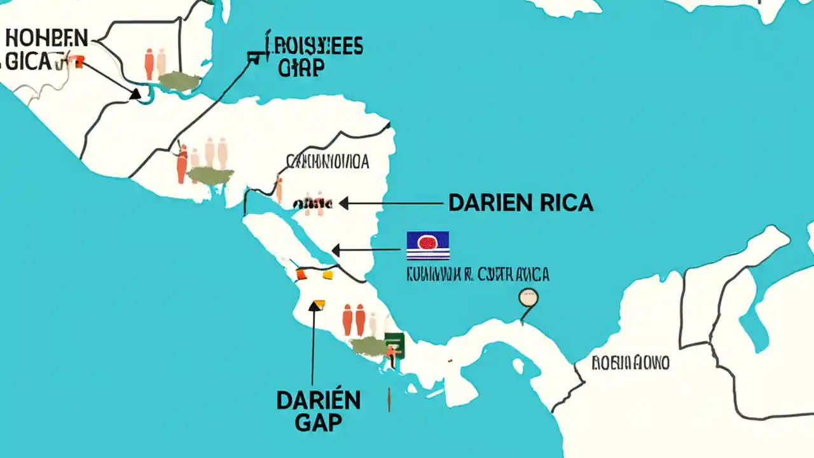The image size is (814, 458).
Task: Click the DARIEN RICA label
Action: (520, 203)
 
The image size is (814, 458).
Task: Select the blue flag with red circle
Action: (427, 246)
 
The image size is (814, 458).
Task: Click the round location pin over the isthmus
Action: (528, 298)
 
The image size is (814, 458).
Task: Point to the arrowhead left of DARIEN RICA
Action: (344, 204)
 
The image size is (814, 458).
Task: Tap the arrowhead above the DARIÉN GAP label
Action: (314, 306)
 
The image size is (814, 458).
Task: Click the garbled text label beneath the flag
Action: (478, 274)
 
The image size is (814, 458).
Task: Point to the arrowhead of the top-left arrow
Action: (135, 94)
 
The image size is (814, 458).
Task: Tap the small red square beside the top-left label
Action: (79, 61)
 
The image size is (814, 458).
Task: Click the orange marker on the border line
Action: (301, 275)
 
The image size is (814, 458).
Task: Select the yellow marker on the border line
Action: (328, 275)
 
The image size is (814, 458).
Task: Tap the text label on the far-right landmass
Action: (630, 363)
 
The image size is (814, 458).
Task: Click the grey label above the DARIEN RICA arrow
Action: (328, 162)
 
